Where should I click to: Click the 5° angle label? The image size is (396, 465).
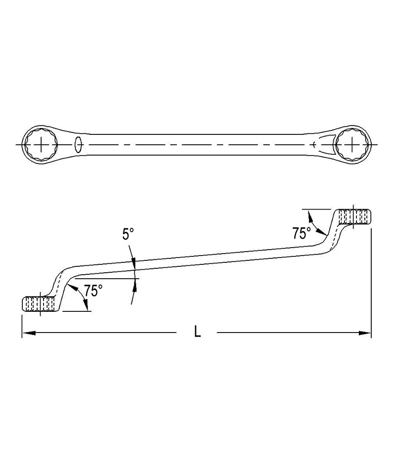128,234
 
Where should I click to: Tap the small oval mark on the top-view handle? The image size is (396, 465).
78,144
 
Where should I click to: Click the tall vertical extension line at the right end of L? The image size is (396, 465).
371,277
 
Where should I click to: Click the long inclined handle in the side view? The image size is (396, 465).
198,262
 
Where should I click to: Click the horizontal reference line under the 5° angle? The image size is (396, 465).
109,278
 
